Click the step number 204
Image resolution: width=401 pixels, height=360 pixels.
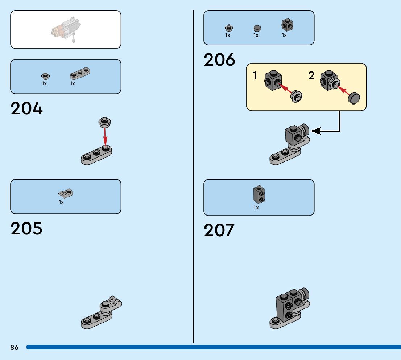click(26, 109)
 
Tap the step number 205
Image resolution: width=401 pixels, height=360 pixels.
click(26, 228)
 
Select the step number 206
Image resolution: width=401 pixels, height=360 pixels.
click(219, 60)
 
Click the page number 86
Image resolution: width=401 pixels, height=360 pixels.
click(14, 348)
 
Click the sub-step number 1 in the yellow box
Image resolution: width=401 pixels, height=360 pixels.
click(255, 76)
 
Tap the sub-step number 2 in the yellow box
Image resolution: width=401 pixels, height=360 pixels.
click(311, 76)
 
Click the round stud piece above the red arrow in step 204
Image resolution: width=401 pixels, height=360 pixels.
click(105, 122)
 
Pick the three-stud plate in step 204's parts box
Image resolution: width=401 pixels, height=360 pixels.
click(79, 73)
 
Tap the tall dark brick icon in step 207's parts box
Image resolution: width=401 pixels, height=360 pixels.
click(258, 195)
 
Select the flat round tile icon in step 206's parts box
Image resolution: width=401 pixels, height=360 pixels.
click(257, 28)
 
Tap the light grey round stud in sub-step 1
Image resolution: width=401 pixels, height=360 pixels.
click(297, 97)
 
